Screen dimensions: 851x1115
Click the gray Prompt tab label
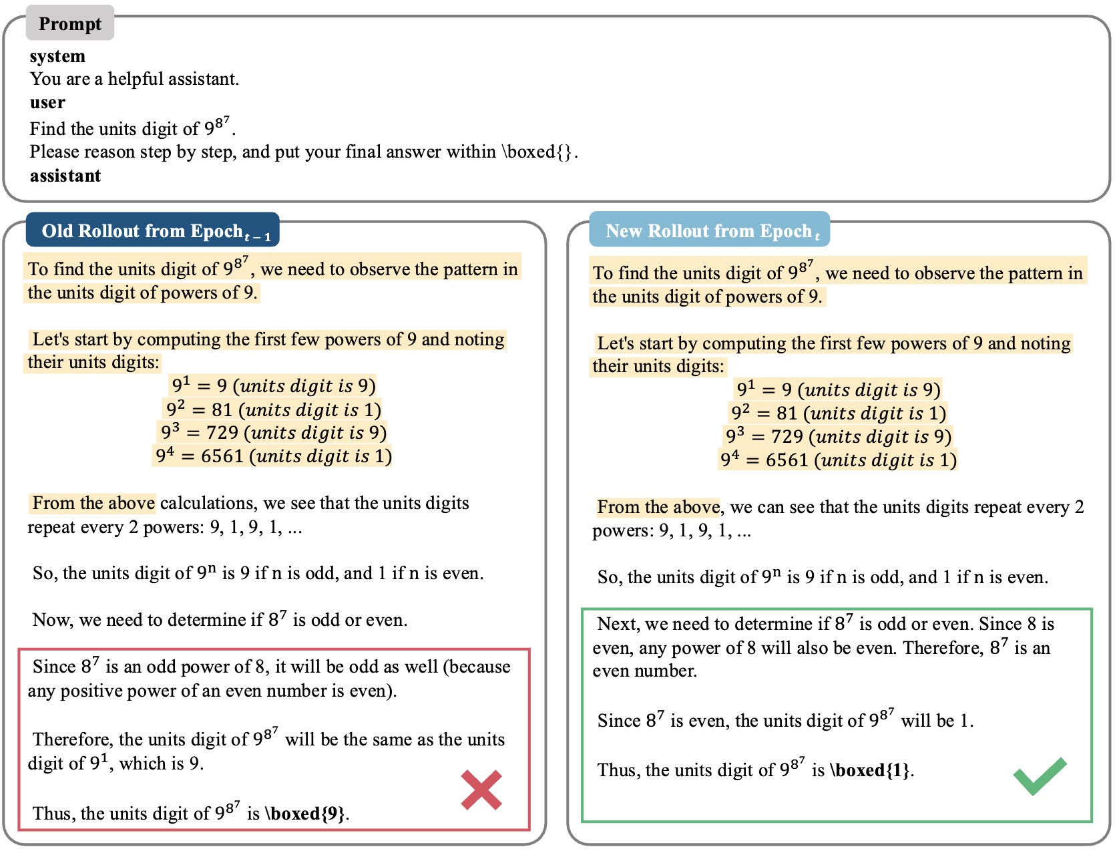(70, 24)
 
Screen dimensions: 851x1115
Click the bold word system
(57, 56)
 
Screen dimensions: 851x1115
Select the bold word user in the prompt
(47, 103)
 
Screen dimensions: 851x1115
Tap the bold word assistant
(65, 176)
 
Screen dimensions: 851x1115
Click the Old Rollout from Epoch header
(153, 231)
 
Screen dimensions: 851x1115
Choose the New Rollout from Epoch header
(710, 231)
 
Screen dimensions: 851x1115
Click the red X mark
(481, 790)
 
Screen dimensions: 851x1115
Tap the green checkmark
(1040, 776)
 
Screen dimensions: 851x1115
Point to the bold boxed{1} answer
(872, 770)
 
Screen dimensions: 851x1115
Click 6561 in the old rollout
(222, 456)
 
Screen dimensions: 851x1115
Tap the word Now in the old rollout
(51, 620)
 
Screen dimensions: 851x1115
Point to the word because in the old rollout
(480, 667)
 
